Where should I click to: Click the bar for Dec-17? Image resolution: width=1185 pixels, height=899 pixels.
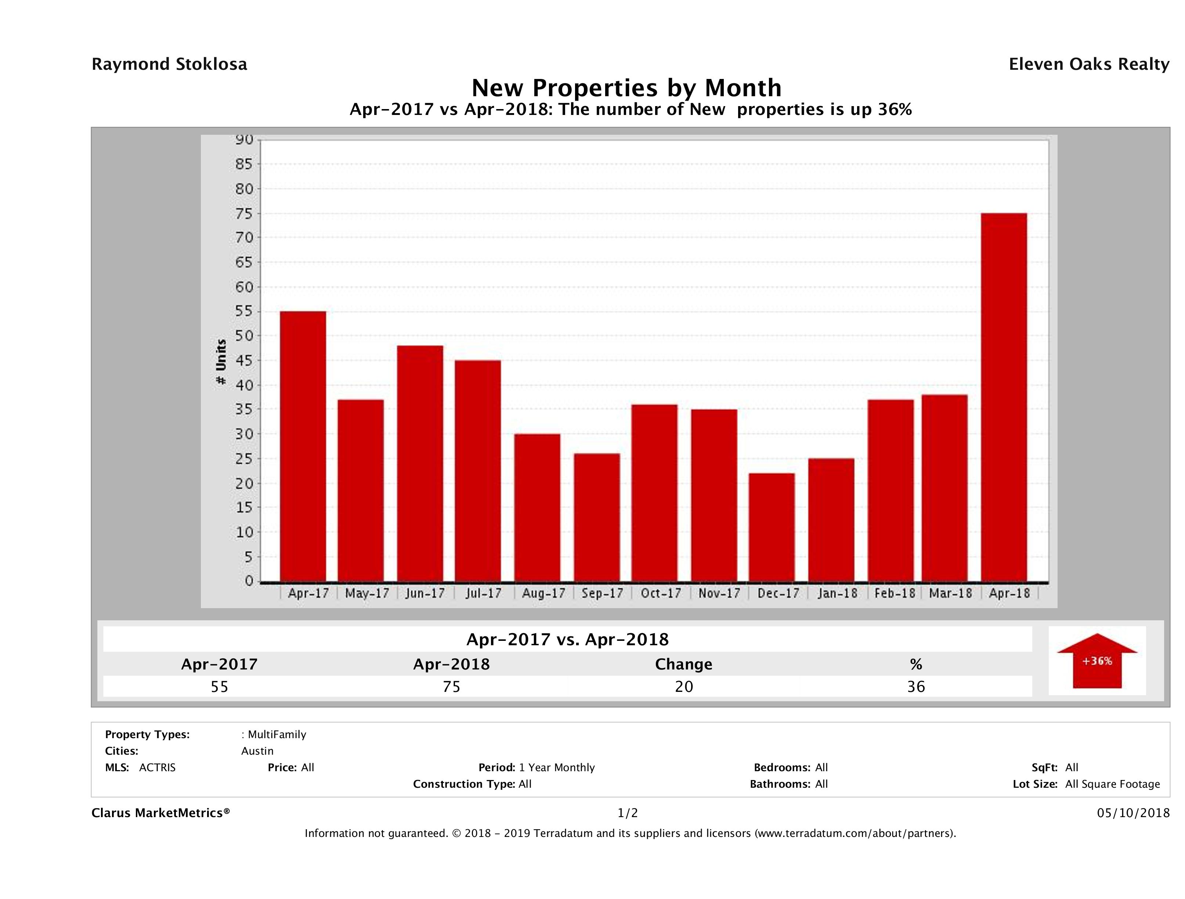tap(772, 527)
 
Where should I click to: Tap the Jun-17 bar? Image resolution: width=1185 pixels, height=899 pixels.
tap(420, 463)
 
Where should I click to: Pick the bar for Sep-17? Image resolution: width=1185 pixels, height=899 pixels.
tap(596, 517)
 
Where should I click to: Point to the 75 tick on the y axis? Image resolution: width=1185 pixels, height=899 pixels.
tap(244, 213)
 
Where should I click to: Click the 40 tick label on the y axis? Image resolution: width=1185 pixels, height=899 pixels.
tap(244, 385)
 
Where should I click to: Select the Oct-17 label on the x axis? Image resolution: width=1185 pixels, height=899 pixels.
tap(661, 593)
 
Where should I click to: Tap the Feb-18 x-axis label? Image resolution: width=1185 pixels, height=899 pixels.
tap(895, 593)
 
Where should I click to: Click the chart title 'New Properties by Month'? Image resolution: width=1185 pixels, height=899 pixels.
tap(626, 87)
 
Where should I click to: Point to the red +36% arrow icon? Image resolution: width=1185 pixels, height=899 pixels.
tap(1097, 661)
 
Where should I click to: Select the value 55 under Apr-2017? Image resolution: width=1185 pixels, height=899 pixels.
tap(220, 686)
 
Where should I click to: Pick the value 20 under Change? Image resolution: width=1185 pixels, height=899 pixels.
tap(684, 686)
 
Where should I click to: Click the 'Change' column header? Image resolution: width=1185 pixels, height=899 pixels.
tap(684, 664)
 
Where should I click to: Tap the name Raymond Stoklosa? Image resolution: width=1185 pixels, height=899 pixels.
tap(169, 64)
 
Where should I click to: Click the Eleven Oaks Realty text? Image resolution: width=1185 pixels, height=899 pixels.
tap(1088, 64)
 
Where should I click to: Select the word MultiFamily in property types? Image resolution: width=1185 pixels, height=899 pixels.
tap(277, 734)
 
